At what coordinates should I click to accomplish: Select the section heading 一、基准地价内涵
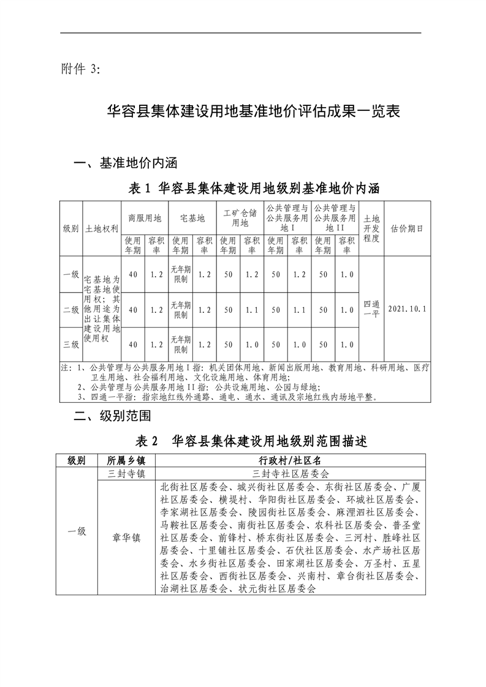(x=125, y=163)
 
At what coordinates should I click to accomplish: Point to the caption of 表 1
(x=254, y=188)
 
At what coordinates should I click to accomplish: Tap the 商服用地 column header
(x=145, y=217)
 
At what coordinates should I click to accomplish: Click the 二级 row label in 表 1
(x=70, y=310)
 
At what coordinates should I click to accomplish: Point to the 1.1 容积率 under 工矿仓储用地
(x=251, y=310)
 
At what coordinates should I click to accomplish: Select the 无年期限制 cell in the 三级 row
(x=181, y=344)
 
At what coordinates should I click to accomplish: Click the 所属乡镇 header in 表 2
(x=126, y=460)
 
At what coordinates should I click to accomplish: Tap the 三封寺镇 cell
(x=126, y=474)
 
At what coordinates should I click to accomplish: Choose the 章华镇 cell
(x=126, y=538)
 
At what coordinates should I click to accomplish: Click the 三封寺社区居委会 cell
(x=290, y=474)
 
